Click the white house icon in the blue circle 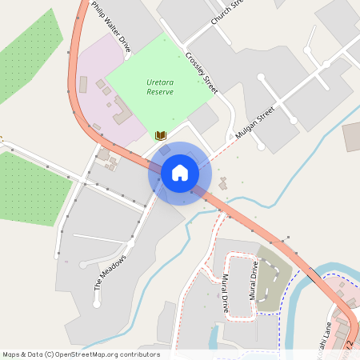click(x=179, y=172)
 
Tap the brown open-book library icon click(x=160, y=135)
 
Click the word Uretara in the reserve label click(x=160, y=82)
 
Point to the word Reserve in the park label click(x=160, y=92)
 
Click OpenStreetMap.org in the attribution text click(x=106, y=354)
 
